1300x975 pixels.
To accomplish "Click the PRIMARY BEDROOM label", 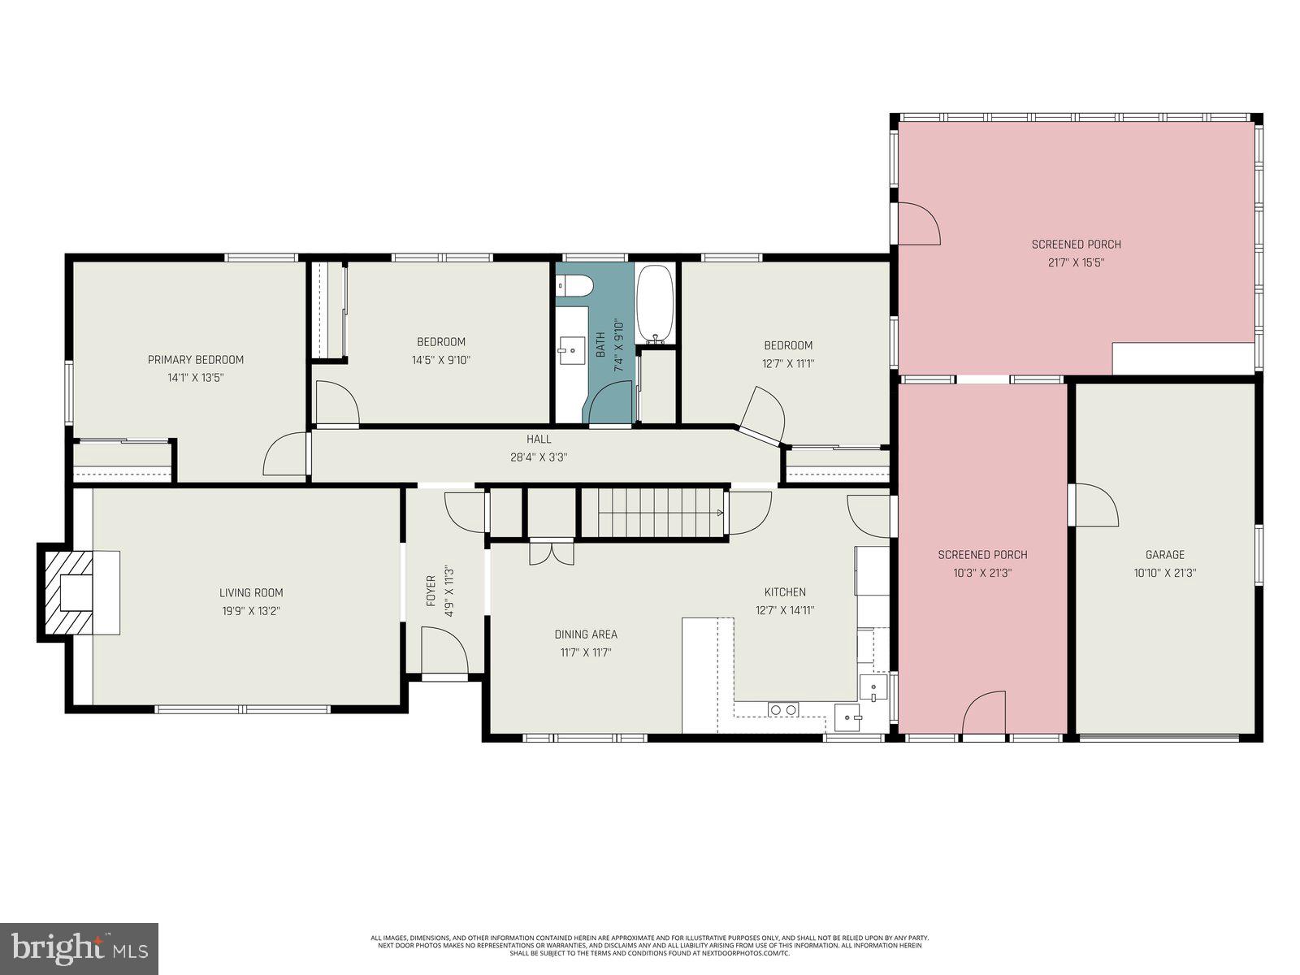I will click(195, 359).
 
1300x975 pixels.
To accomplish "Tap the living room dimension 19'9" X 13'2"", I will click(251, 611).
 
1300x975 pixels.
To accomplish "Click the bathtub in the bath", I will click(654, 303).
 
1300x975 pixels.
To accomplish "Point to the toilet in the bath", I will click(574, 285).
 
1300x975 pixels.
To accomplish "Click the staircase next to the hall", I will click(652, 512).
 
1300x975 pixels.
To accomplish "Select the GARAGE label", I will click(1164, 554).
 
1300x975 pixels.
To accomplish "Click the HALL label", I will click(538, 439).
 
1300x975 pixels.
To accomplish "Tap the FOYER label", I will click(431, 591).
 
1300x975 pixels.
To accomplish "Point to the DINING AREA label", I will click(585, 634).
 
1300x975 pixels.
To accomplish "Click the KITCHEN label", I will click(784, 591).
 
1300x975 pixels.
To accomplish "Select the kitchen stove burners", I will click(783, 710).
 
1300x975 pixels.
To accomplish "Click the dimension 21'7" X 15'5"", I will click(1076, 262).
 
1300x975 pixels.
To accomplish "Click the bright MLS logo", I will click(80, 947).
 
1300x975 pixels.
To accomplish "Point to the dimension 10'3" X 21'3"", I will click(982, 572).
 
